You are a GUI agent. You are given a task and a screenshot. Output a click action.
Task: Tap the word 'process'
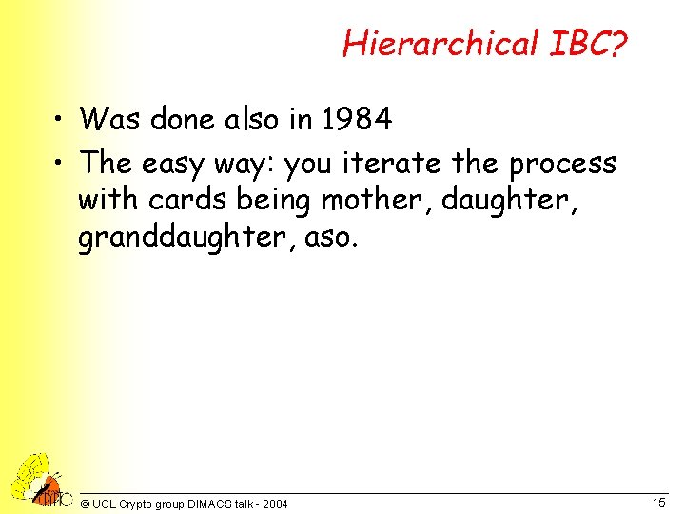click(563, 164)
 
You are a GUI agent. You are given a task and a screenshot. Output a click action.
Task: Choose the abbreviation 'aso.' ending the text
click(331, 237)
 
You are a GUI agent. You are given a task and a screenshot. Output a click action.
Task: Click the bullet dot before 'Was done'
click(61, 121)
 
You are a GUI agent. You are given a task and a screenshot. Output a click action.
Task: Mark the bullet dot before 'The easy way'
click(61, 165)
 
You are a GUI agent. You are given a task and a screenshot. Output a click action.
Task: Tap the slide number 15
click(658, 502)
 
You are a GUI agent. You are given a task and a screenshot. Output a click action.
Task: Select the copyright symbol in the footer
click(86, 504)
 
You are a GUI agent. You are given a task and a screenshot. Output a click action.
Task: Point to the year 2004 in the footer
click(275, 504)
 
